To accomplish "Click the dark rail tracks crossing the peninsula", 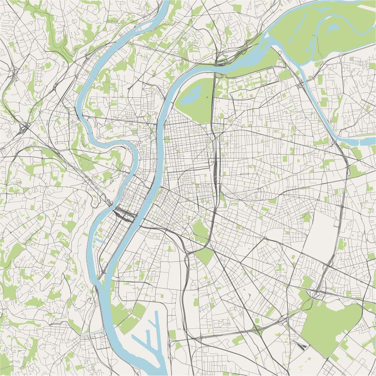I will coord(125,214).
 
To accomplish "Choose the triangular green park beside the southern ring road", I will coord(204,256).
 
